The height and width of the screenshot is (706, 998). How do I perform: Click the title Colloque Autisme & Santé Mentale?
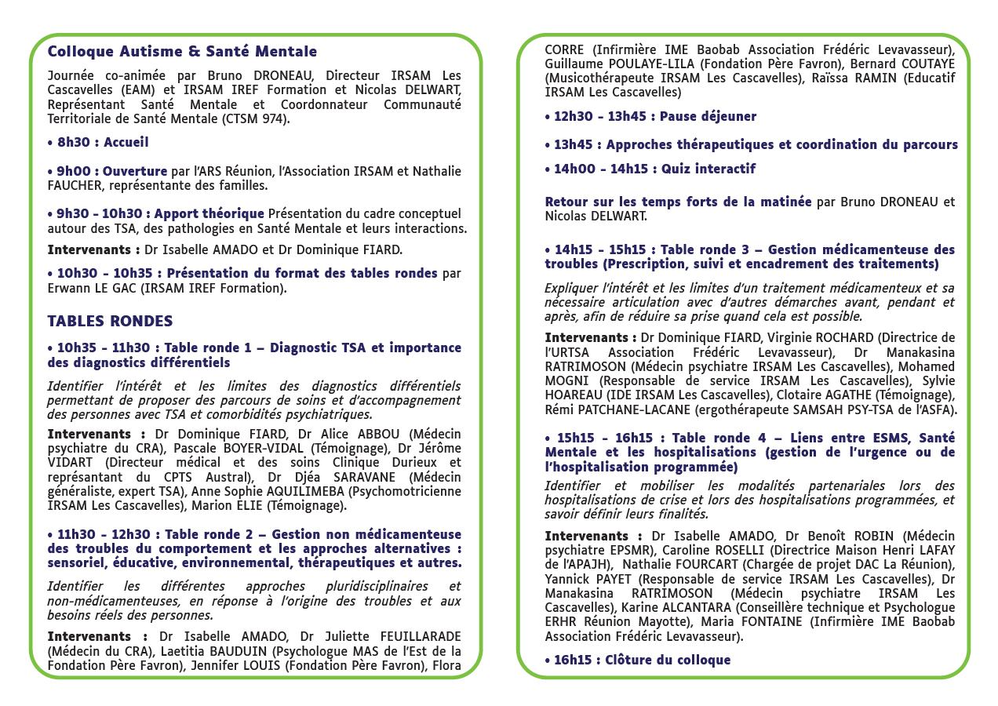point(182,52)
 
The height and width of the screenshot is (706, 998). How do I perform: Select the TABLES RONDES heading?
point(110,322)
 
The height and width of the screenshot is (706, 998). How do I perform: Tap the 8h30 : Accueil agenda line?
point(98,143)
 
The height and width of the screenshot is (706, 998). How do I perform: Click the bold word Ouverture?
point(135,172)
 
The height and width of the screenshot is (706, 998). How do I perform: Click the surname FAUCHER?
point(76,186)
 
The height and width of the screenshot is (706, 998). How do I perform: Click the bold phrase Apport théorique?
point(209,214)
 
